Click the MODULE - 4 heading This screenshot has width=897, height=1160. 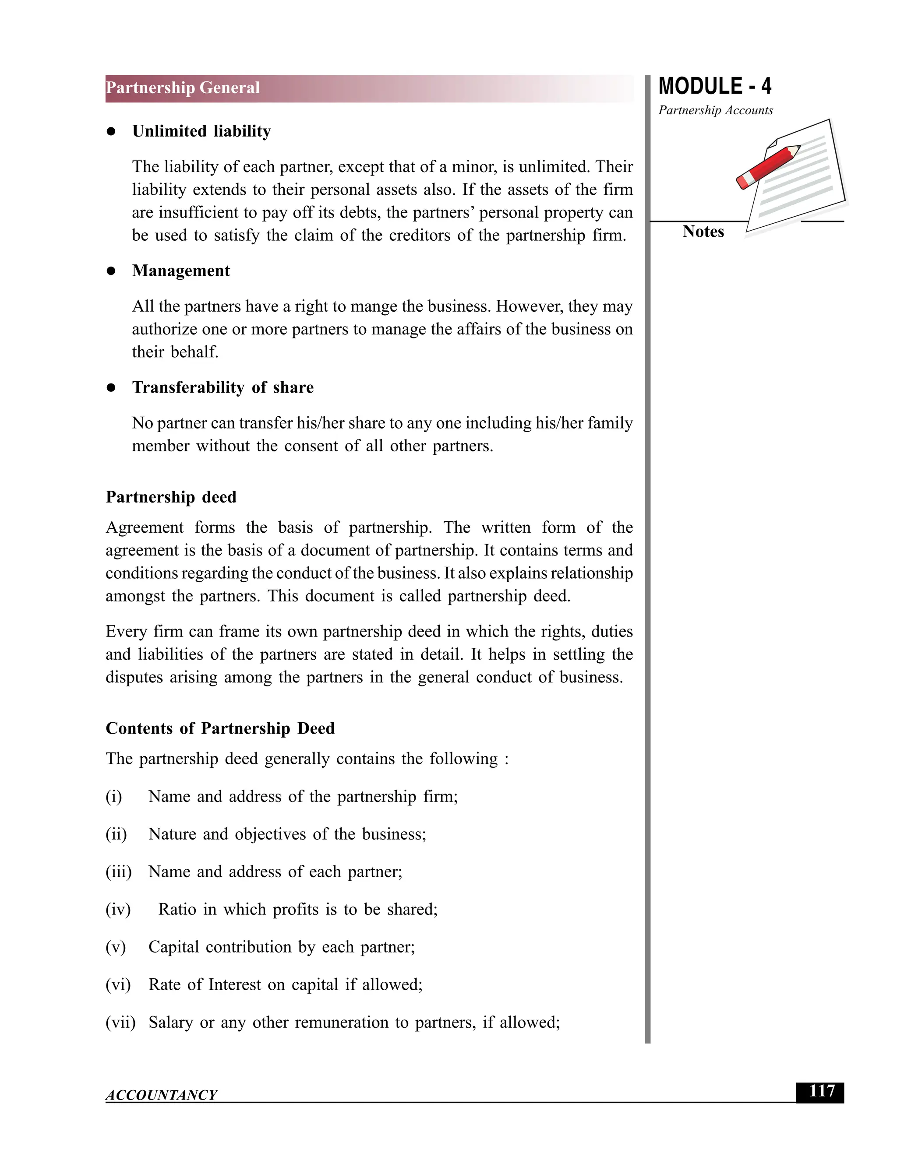point(714,86)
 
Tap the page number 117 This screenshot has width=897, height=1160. point(822,1091)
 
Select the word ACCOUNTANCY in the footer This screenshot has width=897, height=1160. point(161,1095)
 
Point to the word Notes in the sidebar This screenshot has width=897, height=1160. point(703,232)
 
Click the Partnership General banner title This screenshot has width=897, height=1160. point(183,88)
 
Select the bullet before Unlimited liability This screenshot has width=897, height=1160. point(111,132)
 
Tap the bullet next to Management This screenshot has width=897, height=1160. point(111,271)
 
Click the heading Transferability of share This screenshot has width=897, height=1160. point(222,387)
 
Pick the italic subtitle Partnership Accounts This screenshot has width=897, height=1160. point(715,110)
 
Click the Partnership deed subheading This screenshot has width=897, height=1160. point(171,497)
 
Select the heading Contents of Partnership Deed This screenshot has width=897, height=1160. point(220,728)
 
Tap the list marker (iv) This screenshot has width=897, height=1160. point(118,909)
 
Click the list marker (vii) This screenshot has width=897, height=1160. point(120,1022)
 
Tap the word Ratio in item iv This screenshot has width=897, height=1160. point(177,909)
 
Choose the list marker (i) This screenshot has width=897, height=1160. point(114,797)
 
